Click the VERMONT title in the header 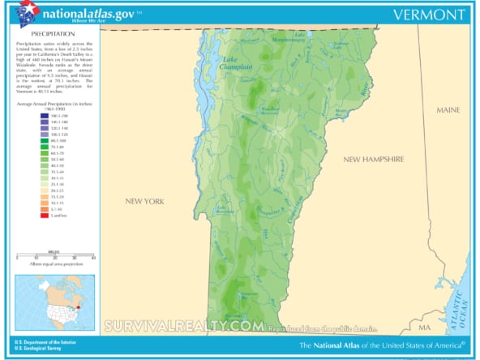click(x=427, y=15)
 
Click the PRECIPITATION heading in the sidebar click(x=41, y=35)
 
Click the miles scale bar click(x=56, y=256)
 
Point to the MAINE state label click(x=448, y=109)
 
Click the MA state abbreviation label click(x=425, y=327)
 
